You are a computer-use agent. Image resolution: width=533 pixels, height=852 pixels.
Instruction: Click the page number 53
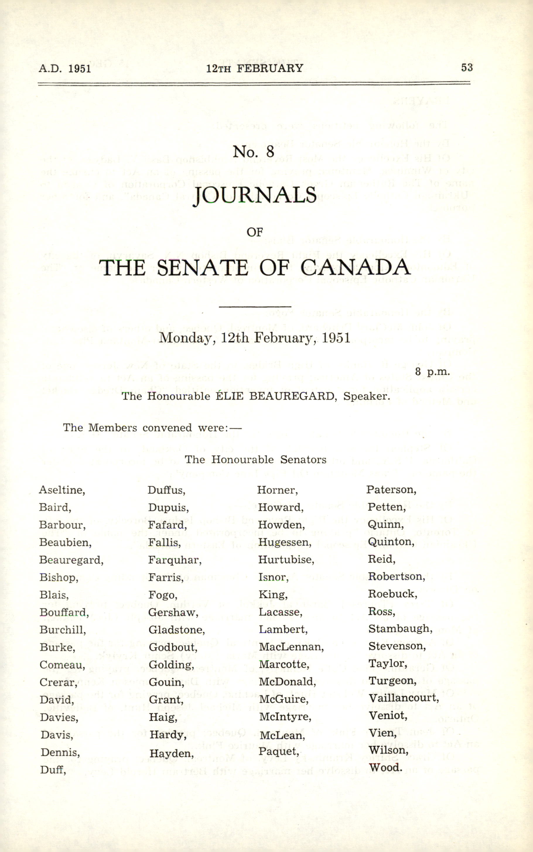pos(467,67)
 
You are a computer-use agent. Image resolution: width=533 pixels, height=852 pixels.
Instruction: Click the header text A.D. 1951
pos(65,68)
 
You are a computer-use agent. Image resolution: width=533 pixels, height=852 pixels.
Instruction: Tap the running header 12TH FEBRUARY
pos(254,68)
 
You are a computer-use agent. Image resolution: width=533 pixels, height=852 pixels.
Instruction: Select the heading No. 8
pos(253,152)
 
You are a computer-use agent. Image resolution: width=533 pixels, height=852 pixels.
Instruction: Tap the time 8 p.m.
pos(432,372)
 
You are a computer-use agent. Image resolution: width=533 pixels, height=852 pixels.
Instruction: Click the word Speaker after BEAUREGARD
pos(367,396)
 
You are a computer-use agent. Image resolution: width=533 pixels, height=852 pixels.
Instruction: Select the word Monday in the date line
pos(187,338)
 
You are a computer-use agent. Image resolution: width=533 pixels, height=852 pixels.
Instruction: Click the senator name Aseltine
pos(62,490)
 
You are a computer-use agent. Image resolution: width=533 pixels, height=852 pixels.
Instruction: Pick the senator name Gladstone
pos(177,630)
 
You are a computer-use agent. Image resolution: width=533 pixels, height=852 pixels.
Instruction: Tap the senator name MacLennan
pos(291,647)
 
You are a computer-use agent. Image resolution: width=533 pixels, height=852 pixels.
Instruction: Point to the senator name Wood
pos(385,767)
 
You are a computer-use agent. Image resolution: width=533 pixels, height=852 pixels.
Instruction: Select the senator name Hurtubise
pos(286,560)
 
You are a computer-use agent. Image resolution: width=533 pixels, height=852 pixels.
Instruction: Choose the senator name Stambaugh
pos(400,629)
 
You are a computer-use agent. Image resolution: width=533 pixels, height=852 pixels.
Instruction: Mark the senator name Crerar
pos(59,682)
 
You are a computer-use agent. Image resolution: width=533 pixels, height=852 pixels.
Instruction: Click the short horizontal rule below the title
pos(255,307)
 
